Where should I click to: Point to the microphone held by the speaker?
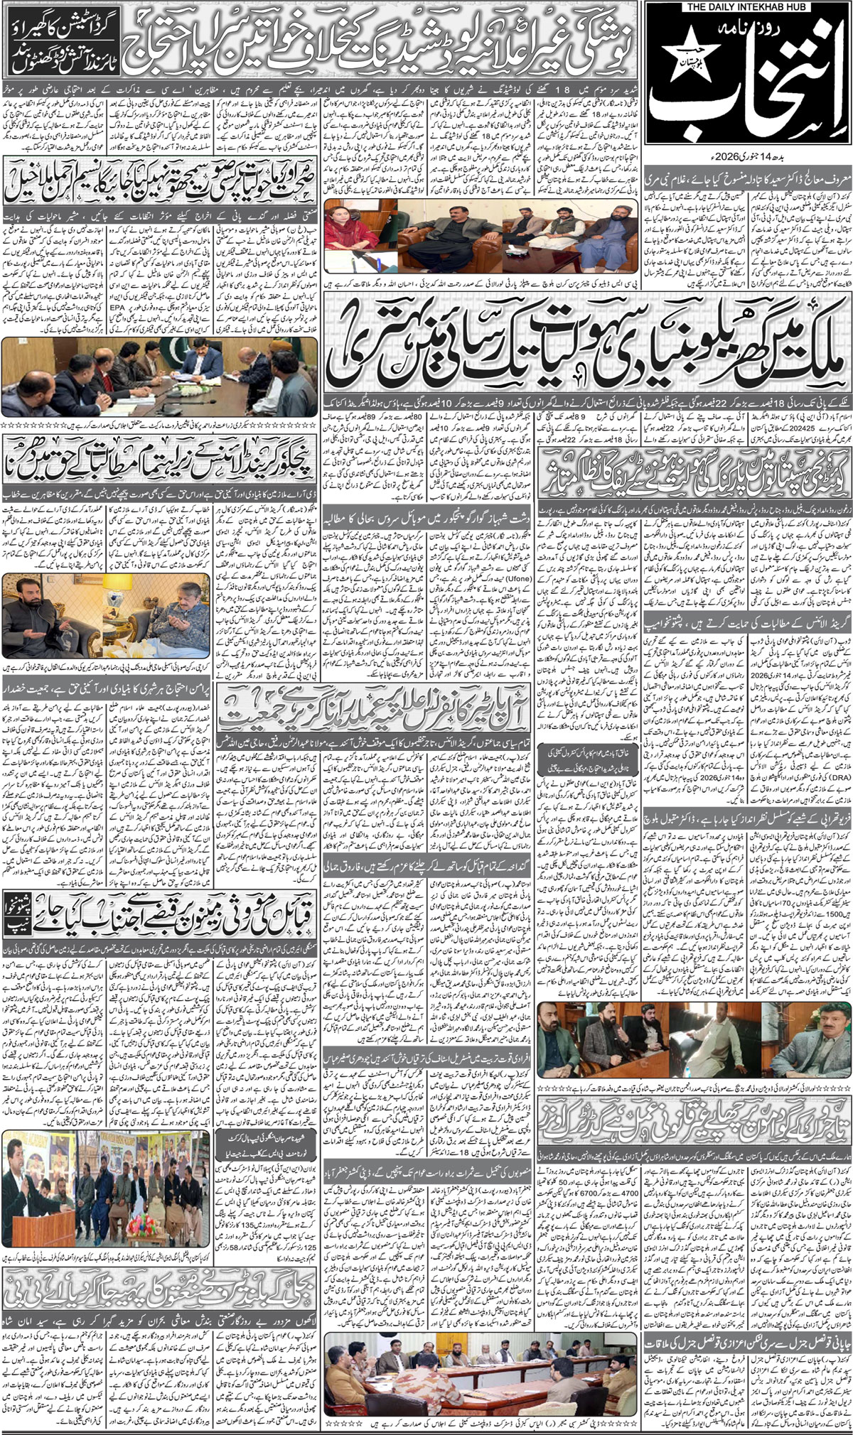pyautogui.click(x=23, y=1173)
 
